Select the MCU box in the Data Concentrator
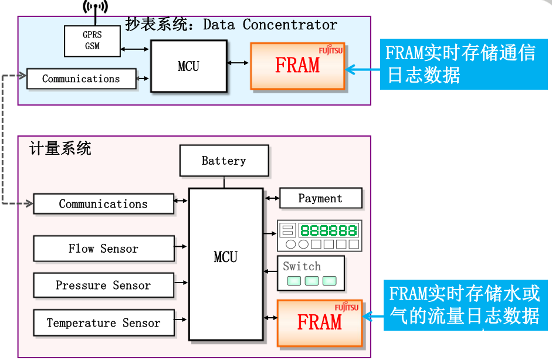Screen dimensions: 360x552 click(188, 66)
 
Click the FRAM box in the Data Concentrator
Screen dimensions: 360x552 click(297, 66)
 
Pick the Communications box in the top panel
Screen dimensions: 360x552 click(81, 79)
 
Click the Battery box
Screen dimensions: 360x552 click(223, 161)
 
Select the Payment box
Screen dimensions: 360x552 click(320, 198)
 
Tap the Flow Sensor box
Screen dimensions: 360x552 click(103, 249)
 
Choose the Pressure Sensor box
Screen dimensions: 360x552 click(103, 286)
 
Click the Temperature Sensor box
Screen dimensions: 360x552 click(103, 323)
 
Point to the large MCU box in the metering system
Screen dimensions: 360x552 click(225, 264)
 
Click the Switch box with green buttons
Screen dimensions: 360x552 click(311, 273)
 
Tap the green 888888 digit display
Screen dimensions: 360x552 click(328, 230)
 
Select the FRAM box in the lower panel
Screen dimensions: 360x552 click(319, 322)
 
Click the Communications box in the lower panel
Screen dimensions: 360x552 click(103, 204)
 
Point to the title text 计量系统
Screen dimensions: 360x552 click(60, 148)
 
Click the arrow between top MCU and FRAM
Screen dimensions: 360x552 click(238, 63)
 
